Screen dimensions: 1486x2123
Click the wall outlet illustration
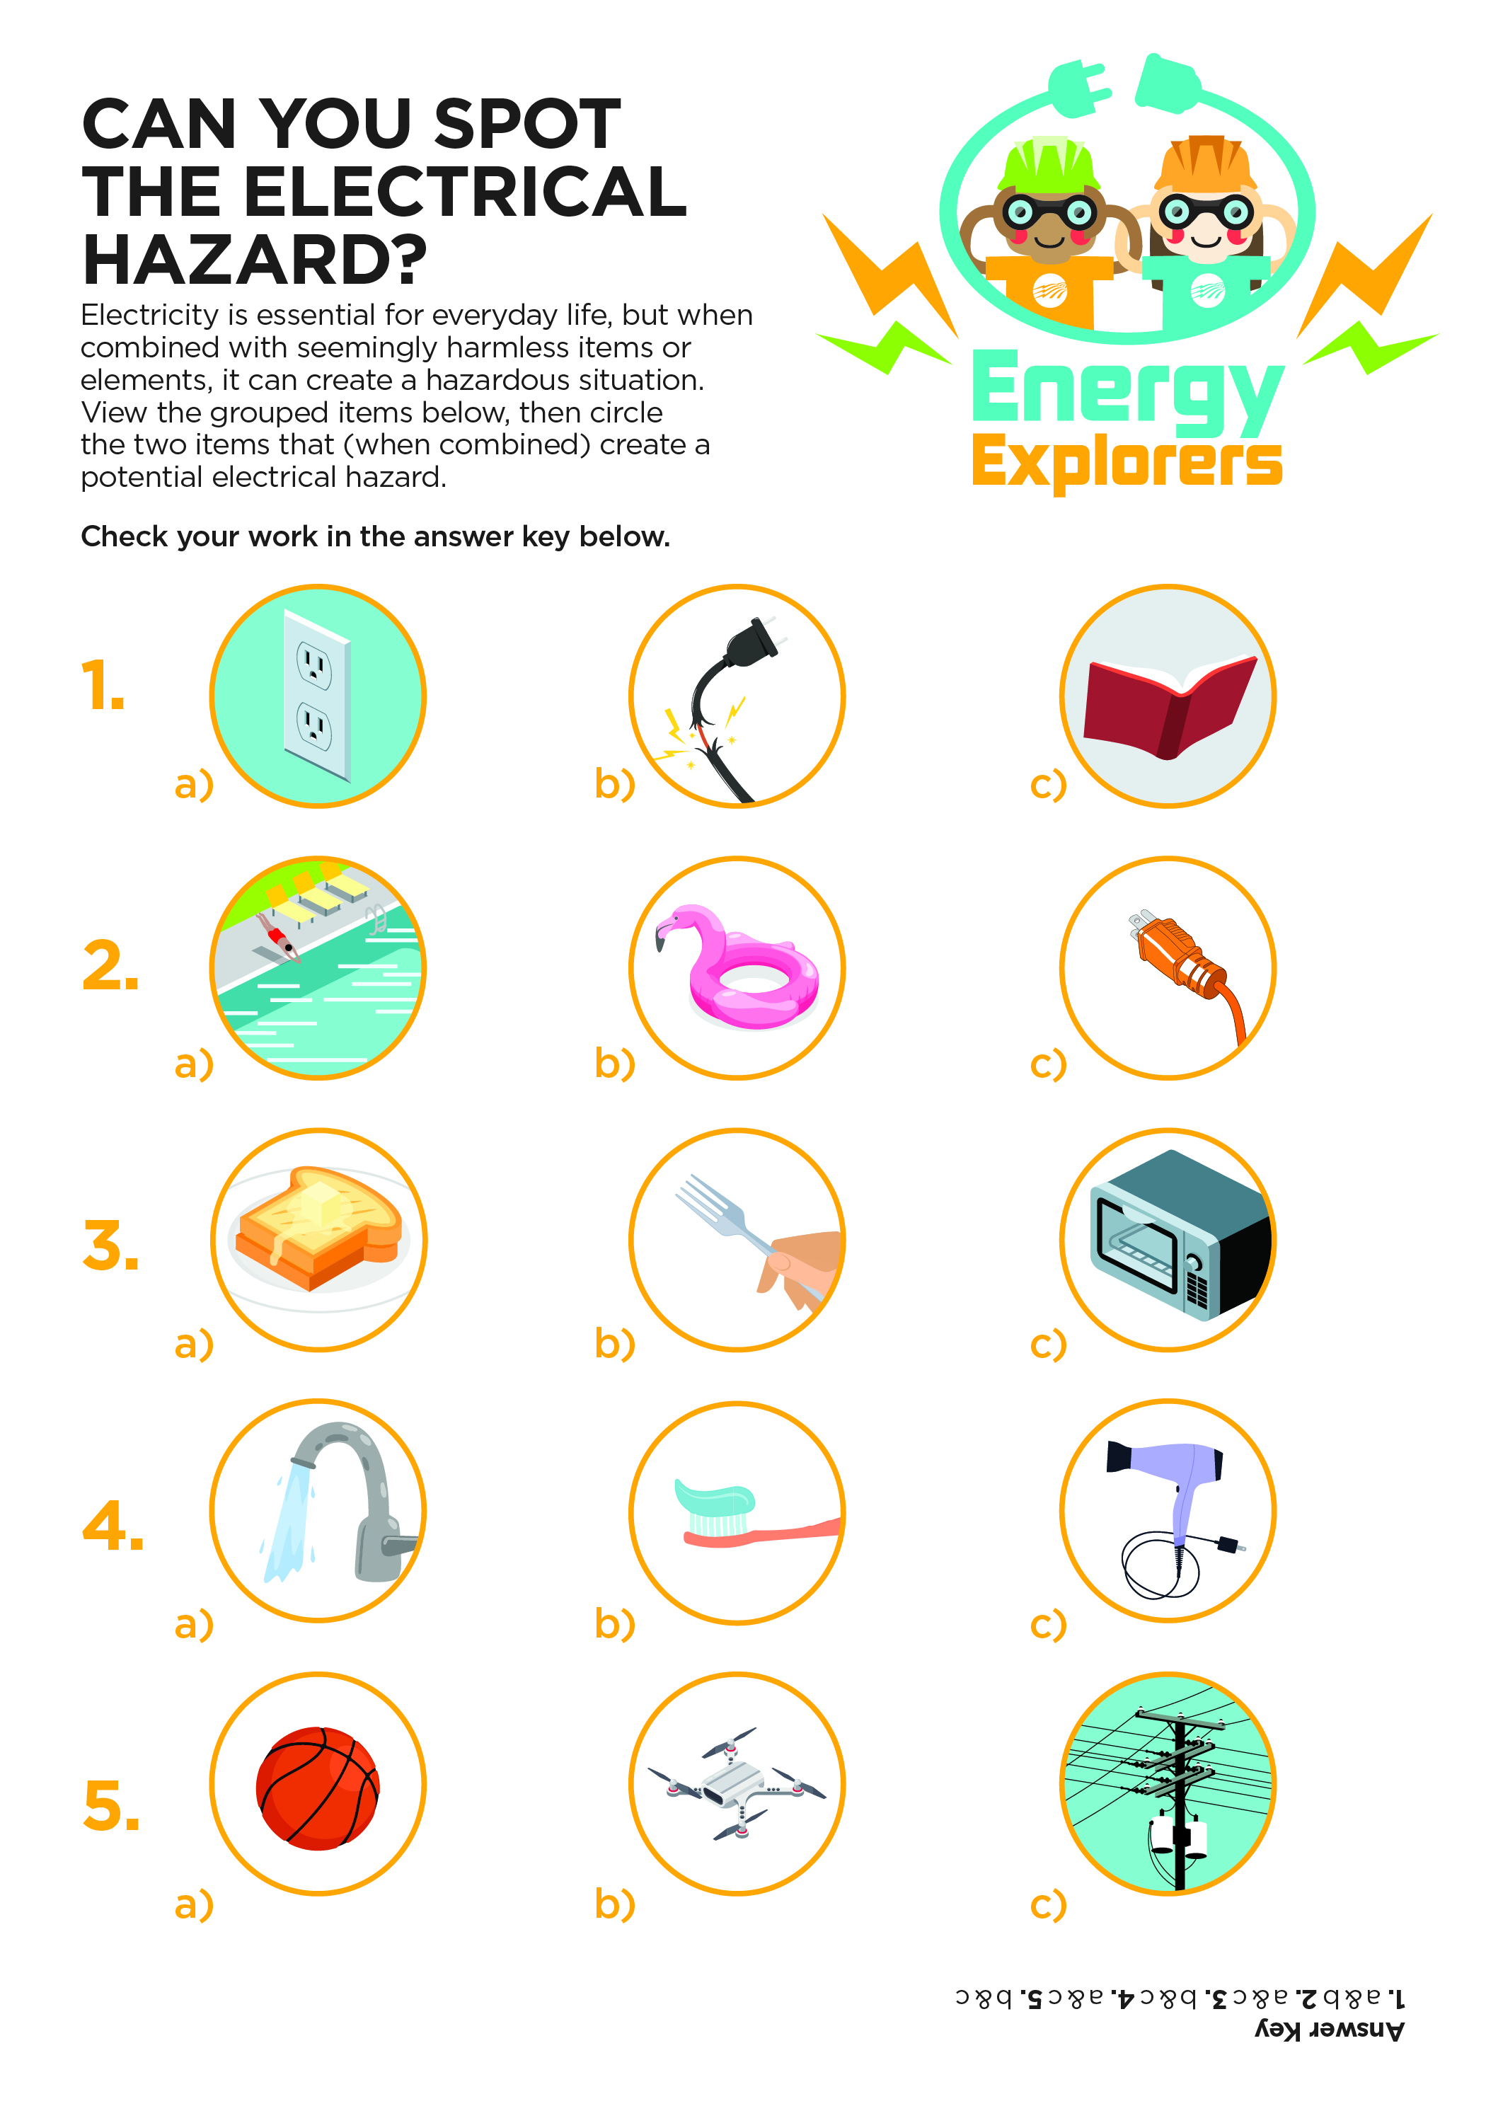coord(317,696)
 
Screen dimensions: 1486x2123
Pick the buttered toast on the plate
coord(319,1230)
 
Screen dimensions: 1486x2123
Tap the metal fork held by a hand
coord(759,1239)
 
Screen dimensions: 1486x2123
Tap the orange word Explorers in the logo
coord(1127,462)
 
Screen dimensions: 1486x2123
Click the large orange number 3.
coord(110,1245)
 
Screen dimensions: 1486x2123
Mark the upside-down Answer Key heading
coord(1330,2030)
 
